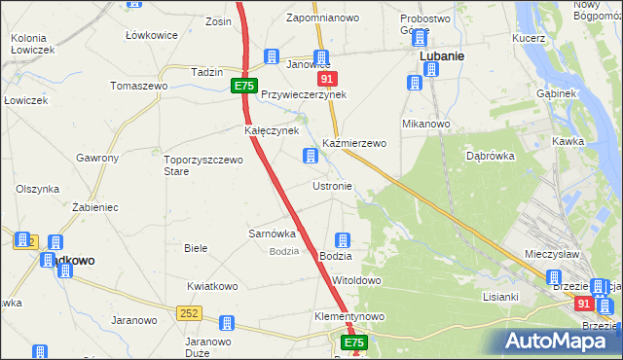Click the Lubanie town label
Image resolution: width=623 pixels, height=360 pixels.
(x=441, y=56)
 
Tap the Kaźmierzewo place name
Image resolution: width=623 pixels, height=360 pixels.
(x=354, y=143)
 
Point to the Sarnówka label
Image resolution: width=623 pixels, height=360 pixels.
(x=272, y=234)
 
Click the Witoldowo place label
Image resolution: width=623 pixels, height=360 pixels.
(x=356, y=280)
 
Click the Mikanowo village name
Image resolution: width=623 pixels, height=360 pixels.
(x=425, y=125)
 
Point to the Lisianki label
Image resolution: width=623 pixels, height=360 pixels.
(x=500, y=297)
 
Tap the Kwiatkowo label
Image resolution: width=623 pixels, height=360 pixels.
(x=213, y=286)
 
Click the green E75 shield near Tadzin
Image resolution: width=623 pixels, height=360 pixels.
(x=244, y=87)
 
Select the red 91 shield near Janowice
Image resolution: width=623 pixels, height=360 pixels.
(x=328, y=79)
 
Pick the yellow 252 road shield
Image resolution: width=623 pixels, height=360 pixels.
(x=190, y=312)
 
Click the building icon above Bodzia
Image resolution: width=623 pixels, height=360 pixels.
(x=343, y=240)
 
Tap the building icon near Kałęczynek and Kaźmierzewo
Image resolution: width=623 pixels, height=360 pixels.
(x=311, y=156)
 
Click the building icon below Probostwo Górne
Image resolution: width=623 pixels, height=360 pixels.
(x=420, y=38)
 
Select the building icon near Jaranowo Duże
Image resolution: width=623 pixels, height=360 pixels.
(x=227, y=323)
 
